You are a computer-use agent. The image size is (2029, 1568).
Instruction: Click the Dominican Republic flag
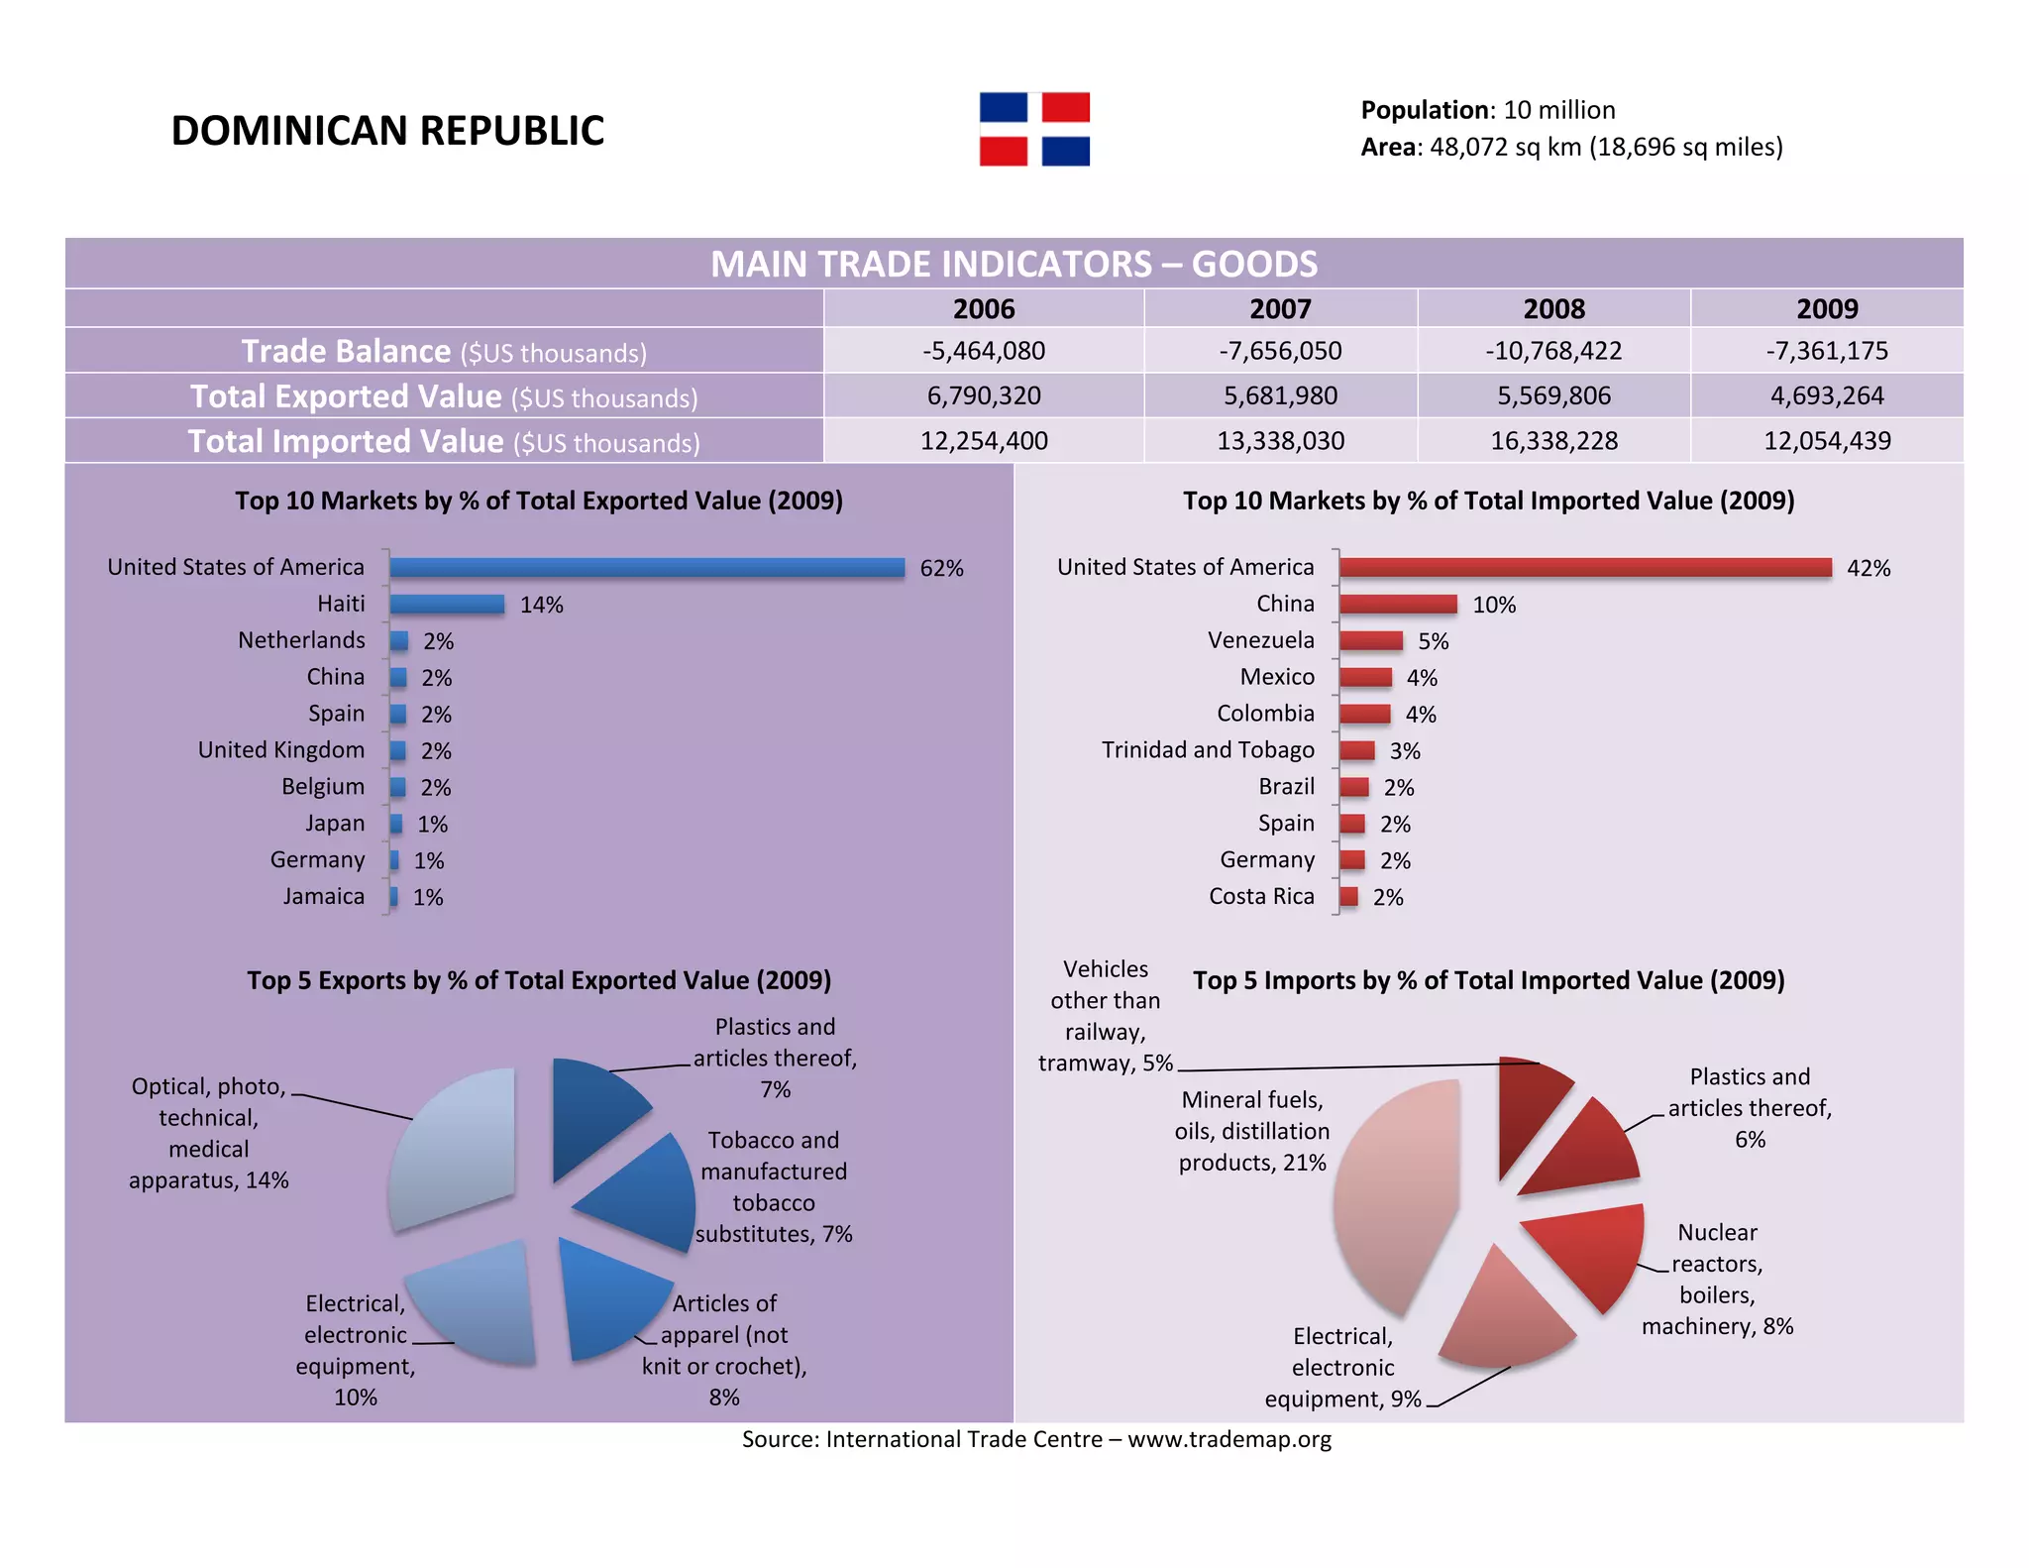(x=1034, y=129)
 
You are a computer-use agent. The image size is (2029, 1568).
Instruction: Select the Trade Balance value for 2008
(x=1553, y=351)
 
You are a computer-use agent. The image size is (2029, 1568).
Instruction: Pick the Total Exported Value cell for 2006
(x=984, y=395)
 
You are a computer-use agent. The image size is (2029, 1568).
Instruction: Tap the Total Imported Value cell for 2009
(x=1827, y=440)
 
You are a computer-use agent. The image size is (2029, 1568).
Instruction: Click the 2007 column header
(x=1280, y=309)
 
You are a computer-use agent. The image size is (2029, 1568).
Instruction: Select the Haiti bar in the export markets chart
(x=447, y=604)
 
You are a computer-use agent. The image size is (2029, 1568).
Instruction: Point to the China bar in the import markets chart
(x=1398, y=604)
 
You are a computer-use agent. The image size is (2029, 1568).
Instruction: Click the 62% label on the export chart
(x=941, y=568)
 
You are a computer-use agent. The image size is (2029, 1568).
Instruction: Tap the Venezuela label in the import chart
(x=1260, y=640)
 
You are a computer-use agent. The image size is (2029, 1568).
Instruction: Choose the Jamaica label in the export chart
(x=324, y=896)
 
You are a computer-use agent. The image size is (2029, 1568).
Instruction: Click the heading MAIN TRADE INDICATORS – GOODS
(x=1014, y=265)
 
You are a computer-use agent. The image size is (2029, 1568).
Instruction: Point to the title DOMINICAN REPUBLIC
(x=387, y=131)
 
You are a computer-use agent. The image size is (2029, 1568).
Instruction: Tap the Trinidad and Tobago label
(x=1208, y=750)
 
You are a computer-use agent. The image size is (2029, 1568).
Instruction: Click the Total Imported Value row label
(x=444, y=441)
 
